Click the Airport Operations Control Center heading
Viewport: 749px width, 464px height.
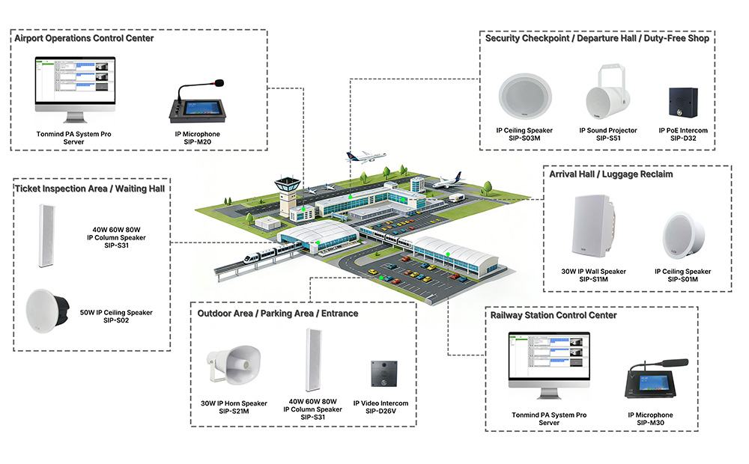pyautogui.click(x=85, y=38)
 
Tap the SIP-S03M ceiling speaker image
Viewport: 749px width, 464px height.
pyautogui.click(x=525, y=100)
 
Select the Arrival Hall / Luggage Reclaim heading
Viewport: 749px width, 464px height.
pyautogui.click(x=611, y=174)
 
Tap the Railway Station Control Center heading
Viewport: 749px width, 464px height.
pyautogui.click(x=554, y=315)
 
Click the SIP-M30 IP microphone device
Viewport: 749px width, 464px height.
pyautogui.click(x=650, y=381)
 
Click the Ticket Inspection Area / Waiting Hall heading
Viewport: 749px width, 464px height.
pyautogui.click(x=90, y=188)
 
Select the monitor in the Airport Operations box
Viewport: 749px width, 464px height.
pyautogui.click(x=75, y=89)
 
